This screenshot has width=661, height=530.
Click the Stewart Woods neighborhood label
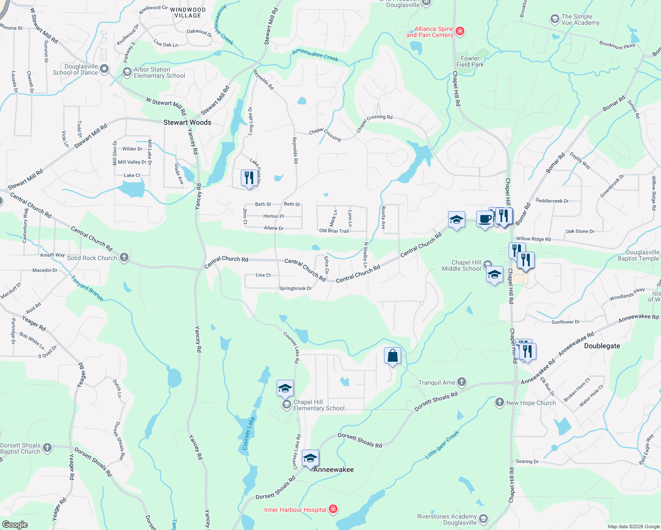pos(187,122)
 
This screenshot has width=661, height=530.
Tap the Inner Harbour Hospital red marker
pos(334,509)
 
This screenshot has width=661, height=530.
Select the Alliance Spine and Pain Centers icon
pos(460,31)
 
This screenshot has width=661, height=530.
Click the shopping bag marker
pos(392,356)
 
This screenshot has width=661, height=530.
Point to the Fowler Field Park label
pos(470,61)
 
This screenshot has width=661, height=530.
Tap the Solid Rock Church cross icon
pos(124,257)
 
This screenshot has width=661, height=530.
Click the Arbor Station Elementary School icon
pos(127,72)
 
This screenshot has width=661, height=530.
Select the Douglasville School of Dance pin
pos(104,69)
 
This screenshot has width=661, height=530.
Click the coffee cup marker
pos(485,220)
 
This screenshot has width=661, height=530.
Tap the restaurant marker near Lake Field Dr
pos(249,178)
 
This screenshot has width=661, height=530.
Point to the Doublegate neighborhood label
pos(602,346)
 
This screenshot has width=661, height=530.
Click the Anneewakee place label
pos(334,469)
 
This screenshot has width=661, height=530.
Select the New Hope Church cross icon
pos(500,402)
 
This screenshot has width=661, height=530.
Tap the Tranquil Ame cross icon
pos(462,382)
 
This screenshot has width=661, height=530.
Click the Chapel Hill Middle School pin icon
pos(488,265)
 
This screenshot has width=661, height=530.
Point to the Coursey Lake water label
pos(249,434)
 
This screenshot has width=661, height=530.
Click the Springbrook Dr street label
pos(295,288)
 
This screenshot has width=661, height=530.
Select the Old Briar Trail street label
pos(334,231)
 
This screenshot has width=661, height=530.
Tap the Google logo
pos(15,524)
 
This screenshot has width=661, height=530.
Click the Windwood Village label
pos(188,12)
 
